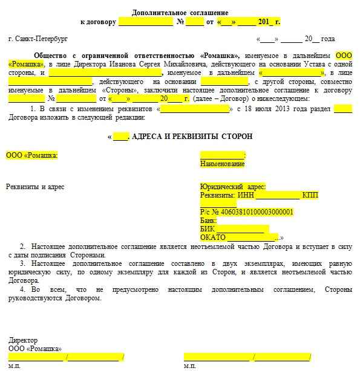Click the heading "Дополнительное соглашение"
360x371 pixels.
click(x=180, y=12)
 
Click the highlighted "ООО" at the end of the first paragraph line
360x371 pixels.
click(x=344, y=55)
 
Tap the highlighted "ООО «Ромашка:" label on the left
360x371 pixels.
click(x=32, y=155)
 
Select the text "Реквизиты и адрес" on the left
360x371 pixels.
click(x=35, y=187)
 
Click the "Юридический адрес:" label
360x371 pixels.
click(x=232, y=187)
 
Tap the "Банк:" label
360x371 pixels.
click(x=208, y=221)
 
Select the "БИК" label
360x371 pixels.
click(x=206, y=229)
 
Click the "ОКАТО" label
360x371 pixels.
click(x=212, y=237)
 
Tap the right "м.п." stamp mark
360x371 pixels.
click(x=189, y=366)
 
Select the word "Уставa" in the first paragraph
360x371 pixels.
click(x=306, y=64)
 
